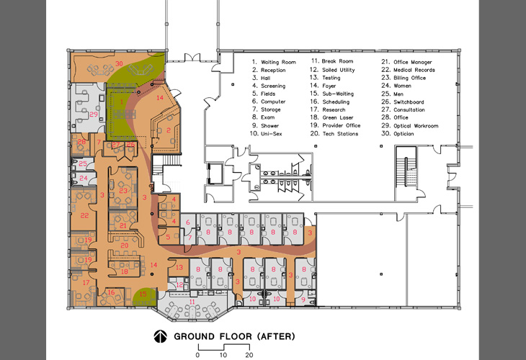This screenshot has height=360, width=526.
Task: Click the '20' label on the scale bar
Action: (x=250, y=355)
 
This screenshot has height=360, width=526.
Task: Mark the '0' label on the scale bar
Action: (x=197, y=355)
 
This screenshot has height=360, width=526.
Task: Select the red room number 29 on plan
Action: (x=94, y=114)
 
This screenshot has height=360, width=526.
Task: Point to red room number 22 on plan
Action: (x=84, y=215)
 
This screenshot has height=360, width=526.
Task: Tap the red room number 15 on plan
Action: (x=143, y=293)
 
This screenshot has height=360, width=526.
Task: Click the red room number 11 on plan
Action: (x=181, y=302)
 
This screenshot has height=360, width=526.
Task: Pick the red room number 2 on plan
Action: (x=168, y=130)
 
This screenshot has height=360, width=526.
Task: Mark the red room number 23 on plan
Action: (x=123, y=190)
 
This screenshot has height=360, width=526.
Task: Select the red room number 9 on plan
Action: (x=303, y=298)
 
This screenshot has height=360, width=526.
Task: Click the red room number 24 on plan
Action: (x=83, y=178)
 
